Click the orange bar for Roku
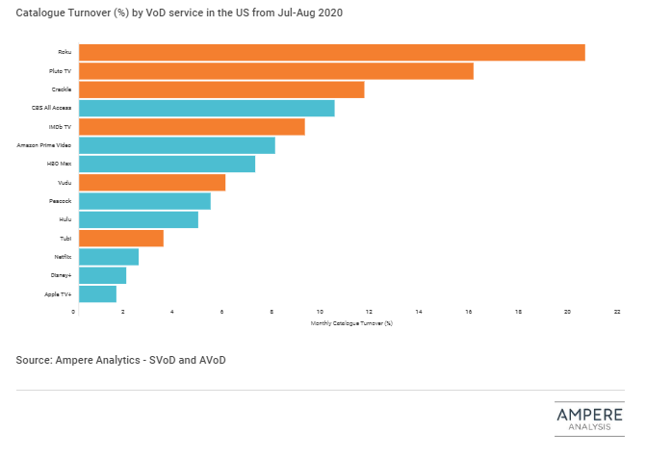pos(331,52)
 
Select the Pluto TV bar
pos(275,71)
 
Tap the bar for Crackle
pos(221,89)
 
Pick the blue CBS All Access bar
pos(206,108)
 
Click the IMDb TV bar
pos(192,126)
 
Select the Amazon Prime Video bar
pos(176,145)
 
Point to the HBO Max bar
pos(167,164)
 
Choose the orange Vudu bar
pos(151,182)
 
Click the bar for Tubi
pos(120,238)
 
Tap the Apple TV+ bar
pos(97,293)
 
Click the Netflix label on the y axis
pos(63,257)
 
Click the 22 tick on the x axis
pos(616,312)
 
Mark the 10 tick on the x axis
pos(320,312)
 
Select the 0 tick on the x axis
pos(74,312)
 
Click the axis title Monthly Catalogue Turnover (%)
pos(351,323)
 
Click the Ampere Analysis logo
pos(589,419)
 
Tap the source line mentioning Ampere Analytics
pos(121,360)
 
